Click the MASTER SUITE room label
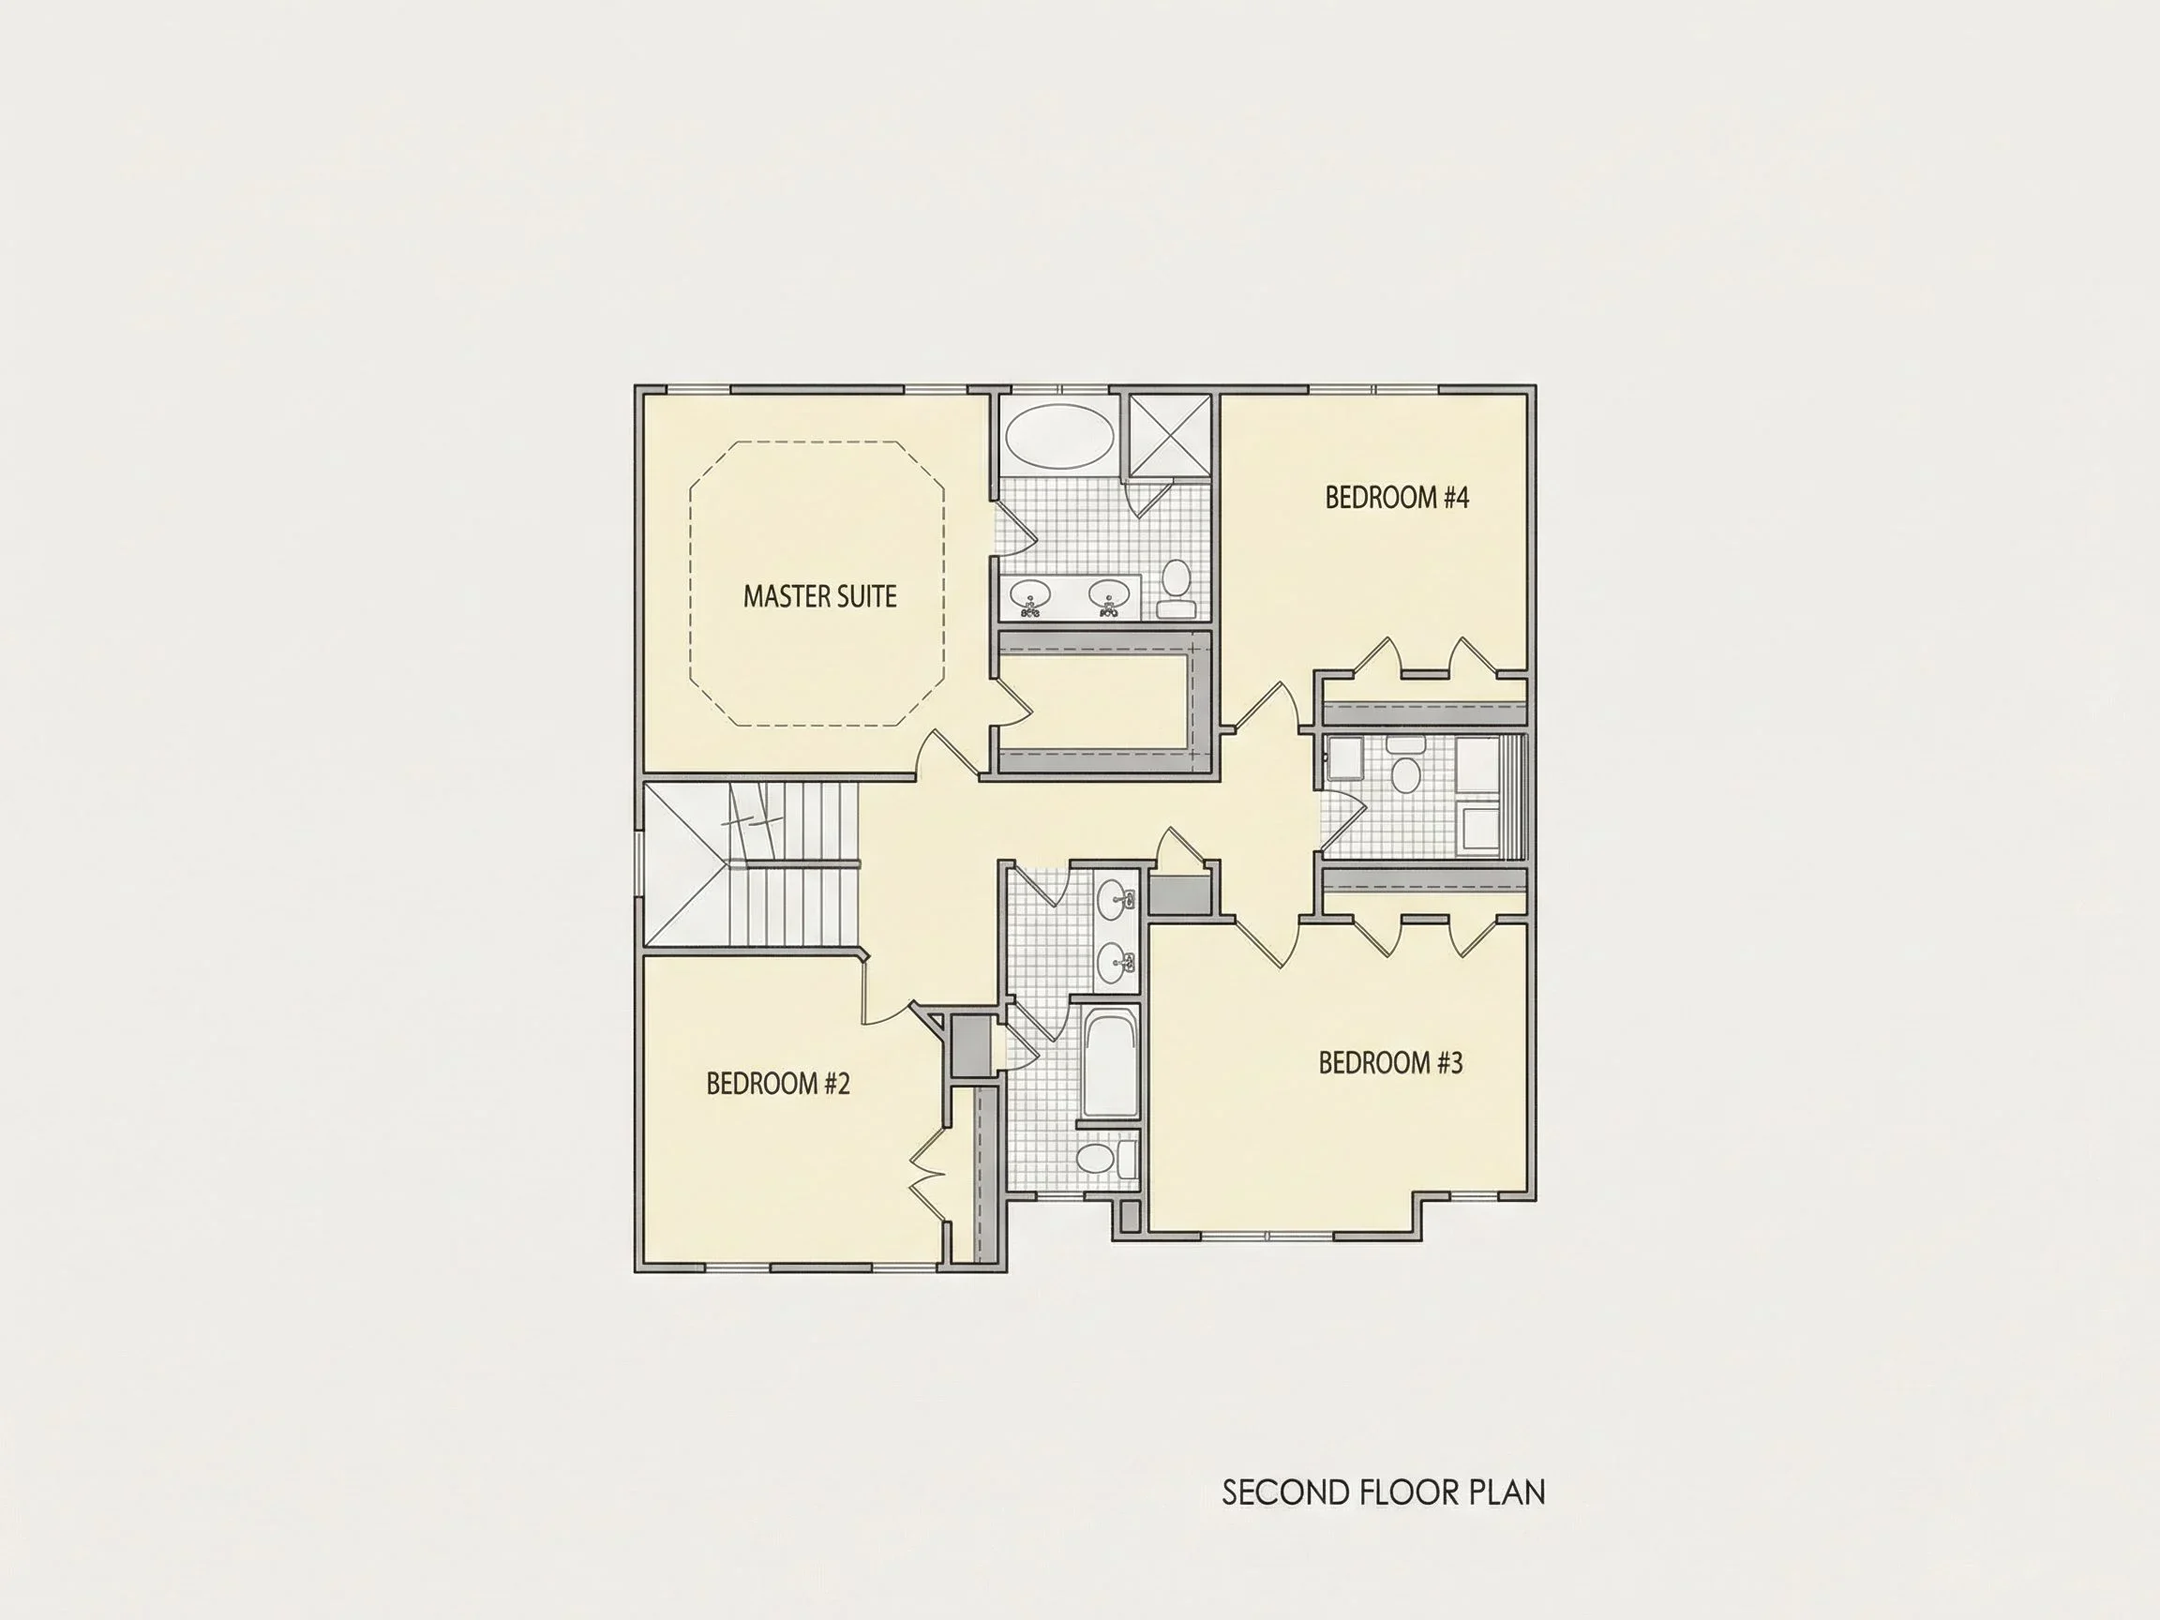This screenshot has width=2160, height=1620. tap(819, 596)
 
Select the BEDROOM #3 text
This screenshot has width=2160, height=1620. tap(1390, 1062)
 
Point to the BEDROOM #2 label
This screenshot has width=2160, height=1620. tap(778, 1084)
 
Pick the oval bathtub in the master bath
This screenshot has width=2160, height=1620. tap(1058, 438)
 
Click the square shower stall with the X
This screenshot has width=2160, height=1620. tap(1170, 438)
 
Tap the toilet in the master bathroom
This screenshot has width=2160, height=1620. tap(1177, 589)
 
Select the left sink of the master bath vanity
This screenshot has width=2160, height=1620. tap(1029, 594)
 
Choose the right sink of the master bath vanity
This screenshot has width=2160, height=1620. tap(1109, 594)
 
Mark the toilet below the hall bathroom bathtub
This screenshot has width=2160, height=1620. tap(1106, 1160)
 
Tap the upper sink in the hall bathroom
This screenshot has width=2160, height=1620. tap(1115, 899)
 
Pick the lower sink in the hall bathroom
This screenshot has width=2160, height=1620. tap(1115, 964)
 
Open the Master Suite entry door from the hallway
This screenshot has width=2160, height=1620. tap(948, 755)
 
